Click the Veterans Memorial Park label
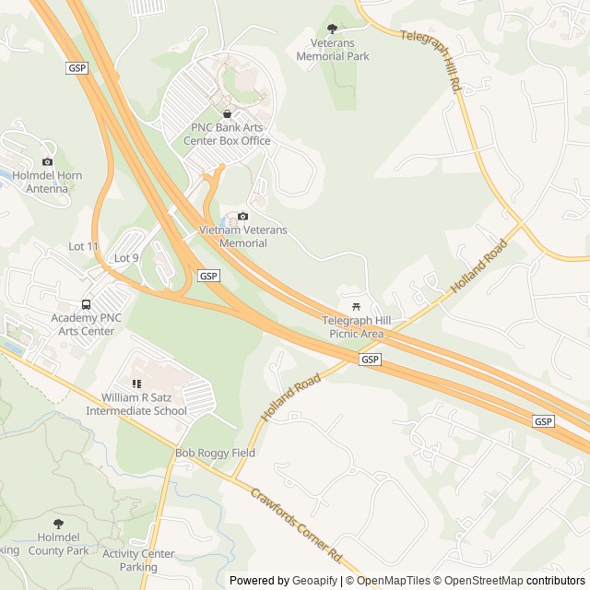click(x=333, y=50)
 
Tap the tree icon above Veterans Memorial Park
click(x=333, y=30)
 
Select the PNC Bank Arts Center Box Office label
click(x=230, y=135)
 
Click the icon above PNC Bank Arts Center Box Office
click(x=227, y=113)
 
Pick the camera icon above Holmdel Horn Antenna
click(x=48, y=162)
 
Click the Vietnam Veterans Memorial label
click(x=243, y=236)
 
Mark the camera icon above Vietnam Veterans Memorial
click(x=242, y=217)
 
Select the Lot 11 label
click(x=83, y=246)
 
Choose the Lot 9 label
click(x=125, y=258)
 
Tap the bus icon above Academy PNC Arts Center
click(x=86, y=304)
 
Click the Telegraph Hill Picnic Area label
click(x=356, y=326)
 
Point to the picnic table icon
click(x=356, y=306)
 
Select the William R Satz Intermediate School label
click(x=136, y=405)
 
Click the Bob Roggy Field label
click(x=215, y=454)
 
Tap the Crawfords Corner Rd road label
click(x=296, y=526)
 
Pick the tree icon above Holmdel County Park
click(x=58, y=524)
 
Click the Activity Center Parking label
click(x=138, y=560)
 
